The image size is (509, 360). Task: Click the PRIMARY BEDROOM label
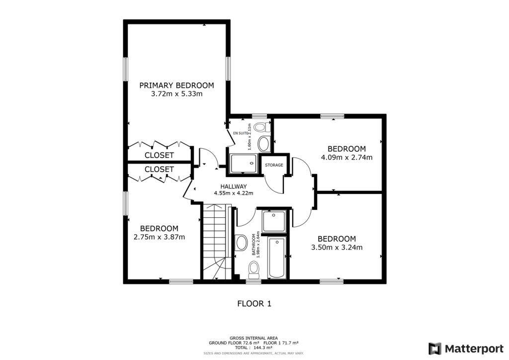176,85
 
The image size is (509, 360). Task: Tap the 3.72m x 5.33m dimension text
176,93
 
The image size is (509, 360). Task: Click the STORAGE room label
274,165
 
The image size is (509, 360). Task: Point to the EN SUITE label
240,133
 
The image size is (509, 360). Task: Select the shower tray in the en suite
244,163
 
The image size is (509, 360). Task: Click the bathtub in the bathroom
277,258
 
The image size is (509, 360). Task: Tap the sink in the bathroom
242,243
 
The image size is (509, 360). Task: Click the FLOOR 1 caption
254,303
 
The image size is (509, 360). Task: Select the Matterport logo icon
435,348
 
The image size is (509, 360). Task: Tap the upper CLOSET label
159,155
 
